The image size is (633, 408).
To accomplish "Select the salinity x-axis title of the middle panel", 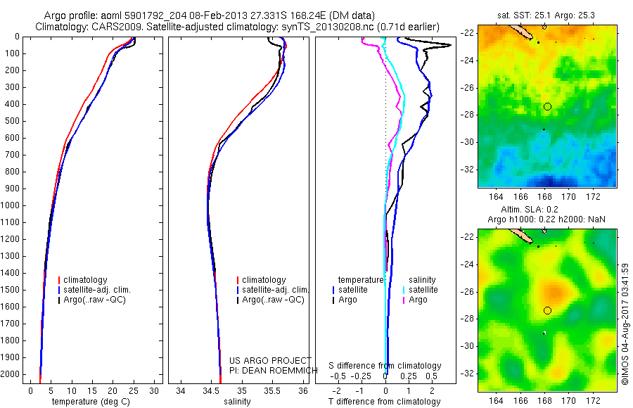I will [237, 402].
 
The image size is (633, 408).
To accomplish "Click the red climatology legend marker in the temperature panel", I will [59, 280].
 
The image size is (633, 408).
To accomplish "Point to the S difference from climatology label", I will [385, 366].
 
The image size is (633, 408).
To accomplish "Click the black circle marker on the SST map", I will [547, 106].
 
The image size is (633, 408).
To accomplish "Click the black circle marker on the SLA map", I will [547, 310].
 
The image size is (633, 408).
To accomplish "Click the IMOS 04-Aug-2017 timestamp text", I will [625, 324].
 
